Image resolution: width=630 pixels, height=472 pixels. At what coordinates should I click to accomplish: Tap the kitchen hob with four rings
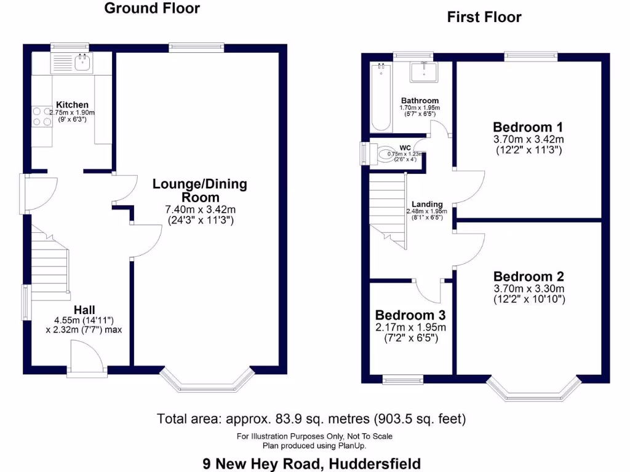pyautogui.click(x=41, y=117)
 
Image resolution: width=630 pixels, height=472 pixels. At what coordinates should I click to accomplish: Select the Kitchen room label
pyautogui.click(x=72, y=105)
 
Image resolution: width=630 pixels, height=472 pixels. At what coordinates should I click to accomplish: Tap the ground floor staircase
pyautogui.click(x=49, y=267)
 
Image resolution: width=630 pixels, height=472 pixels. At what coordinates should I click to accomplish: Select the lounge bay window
pyautogui.click(x=209, y=382)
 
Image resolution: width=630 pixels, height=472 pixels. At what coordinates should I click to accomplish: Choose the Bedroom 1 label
pyautogui.click(x=528, y=127)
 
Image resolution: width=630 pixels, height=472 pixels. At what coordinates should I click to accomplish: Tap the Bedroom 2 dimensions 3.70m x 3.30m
pyautogui.click(x=528, y=288)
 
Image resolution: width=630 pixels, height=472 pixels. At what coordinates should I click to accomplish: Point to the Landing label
pyautogui.click(x=427, y=204)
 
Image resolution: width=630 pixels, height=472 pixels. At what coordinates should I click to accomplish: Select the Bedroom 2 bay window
pyautogui.click(x=533, y=388)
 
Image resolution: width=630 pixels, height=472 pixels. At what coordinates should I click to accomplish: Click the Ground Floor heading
pyautogui.click(x=151, y=8)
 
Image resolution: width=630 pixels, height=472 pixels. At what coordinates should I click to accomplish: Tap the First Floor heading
pyautogui.click(x=484, y=17)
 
